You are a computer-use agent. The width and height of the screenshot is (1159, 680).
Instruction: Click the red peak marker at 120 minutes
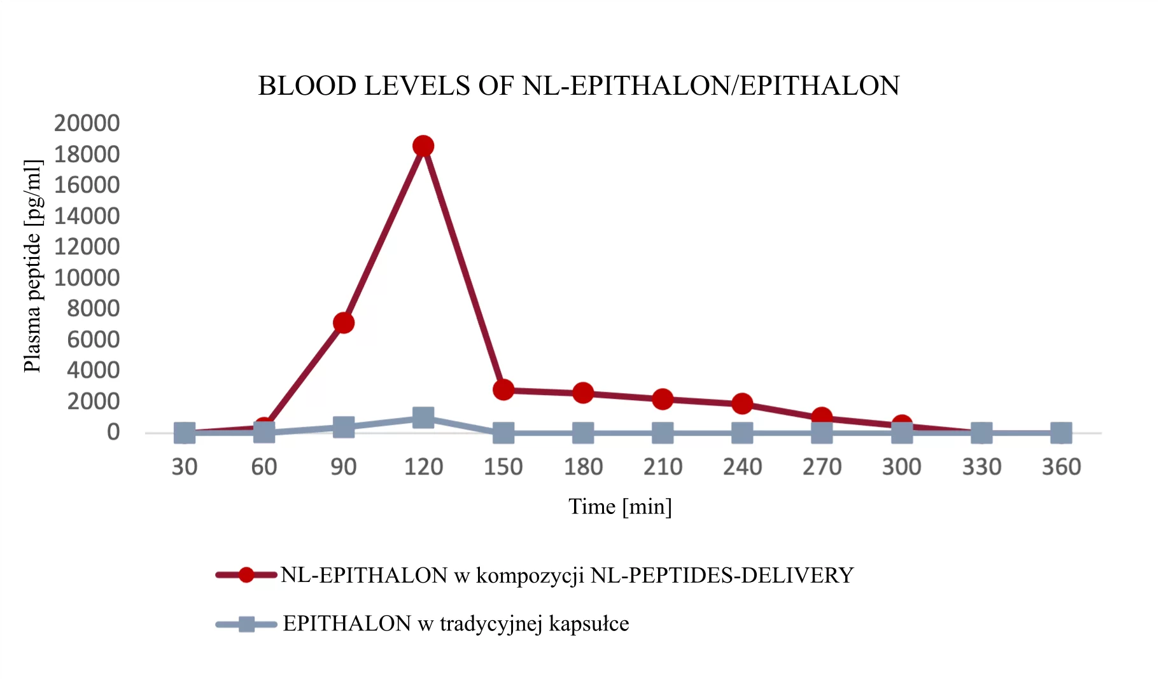(x=423, y=146)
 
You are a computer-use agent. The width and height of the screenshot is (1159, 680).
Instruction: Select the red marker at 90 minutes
(x=344, y=323)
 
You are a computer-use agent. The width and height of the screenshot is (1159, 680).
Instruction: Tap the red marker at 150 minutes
(x=503, y=389)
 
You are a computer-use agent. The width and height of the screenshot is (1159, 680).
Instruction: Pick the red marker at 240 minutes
(x=742, y=403)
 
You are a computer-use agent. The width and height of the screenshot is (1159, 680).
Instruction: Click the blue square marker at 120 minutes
(x=423, y=418)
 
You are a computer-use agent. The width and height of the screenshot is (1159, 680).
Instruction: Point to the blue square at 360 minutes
(x=1060, y=433)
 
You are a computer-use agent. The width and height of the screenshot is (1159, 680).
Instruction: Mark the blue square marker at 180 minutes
(x=583, y=433)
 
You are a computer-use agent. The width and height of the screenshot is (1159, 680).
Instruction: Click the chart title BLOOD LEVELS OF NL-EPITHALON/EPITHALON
(x=579, y=86)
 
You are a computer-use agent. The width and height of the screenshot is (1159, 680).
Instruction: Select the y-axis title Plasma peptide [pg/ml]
(x=32, y=266)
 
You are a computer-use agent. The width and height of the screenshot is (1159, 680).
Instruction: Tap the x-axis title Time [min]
(x=620, y=506)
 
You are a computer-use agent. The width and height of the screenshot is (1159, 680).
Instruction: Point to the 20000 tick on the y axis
(x=87, y=123)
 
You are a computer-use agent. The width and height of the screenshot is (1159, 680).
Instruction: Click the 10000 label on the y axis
(x=87, y=277)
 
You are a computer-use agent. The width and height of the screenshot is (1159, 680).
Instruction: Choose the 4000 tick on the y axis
(x=93, y=370)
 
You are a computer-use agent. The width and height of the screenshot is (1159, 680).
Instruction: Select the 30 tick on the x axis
(x=185, y=467)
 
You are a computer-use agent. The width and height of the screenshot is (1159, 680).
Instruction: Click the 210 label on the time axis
(x=663, y=467)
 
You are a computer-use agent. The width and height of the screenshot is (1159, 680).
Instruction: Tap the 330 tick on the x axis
(x=981, y=467)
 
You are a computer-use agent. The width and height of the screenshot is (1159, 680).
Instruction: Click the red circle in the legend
(x=246, y=575)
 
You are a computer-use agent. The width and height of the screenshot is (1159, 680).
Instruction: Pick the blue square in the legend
(x=246, y=624)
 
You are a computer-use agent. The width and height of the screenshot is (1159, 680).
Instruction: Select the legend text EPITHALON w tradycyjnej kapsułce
(x=456, y=624)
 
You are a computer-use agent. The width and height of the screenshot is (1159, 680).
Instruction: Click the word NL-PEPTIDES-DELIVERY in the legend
(x=722, y=575)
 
